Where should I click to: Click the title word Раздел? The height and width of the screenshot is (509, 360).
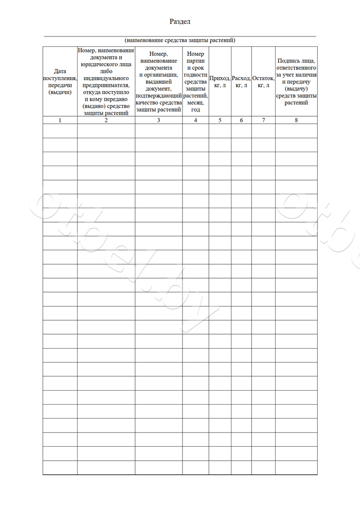(x=180, y=22)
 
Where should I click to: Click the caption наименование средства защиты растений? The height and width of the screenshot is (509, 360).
(x=179, y=40)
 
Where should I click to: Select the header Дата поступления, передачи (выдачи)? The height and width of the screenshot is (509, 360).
(x=60, y=81)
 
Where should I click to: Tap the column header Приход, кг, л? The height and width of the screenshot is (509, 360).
(x=220, y=81)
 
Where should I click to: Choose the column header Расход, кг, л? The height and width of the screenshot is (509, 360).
(x=241, y=81)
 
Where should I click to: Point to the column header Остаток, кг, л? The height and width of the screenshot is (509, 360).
(x=263, y=81)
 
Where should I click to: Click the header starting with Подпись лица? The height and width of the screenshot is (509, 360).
(x=296, y=81)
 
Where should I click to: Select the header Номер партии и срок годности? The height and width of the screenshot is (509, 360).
(x=195, y=81)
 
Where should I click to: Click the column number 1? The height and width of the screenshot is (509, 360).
(x=60, y=120)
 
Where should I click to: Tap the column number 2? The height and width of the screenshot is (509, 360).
(x=106, y=120)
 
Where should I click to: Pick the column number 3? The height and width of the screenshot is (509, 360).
(x=158, y=120)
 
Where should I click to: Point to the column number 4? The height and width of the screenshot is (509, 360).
(x=195, y=120)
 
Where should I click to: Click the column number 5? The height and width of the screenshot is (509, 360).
(x=220, y=120)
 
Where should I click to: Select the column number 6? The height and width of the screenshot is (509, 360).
(x=241, y=120)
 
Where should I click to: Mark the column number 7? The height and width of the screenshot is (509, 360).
(x=263, y=120)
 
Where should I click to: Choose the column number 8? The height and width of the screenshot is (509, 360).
(x=296, y=120)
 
